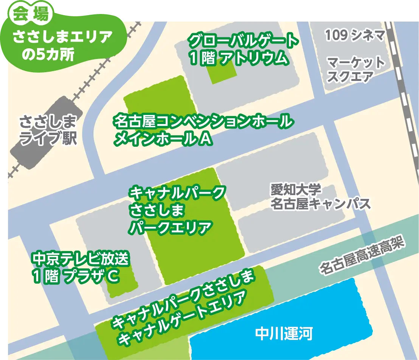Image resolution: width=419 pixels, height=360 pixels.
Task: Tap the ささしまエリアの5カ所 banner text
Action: click(62, 45)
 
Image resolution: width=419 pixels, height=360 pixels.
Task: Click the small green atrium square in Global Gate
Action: click(223, 71)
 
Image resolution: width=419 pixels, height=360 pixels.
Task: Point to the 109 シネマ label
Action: click(355, 36)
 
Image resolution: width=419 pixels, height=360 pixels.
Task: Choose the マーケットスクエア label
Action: click(355, 70)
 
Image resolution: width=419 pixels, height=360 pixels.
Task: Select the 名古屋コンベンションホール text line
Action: click(203, 122)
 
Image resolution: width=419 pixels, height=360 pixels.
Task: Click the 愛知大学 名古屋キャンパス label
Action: click(320, 197)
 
